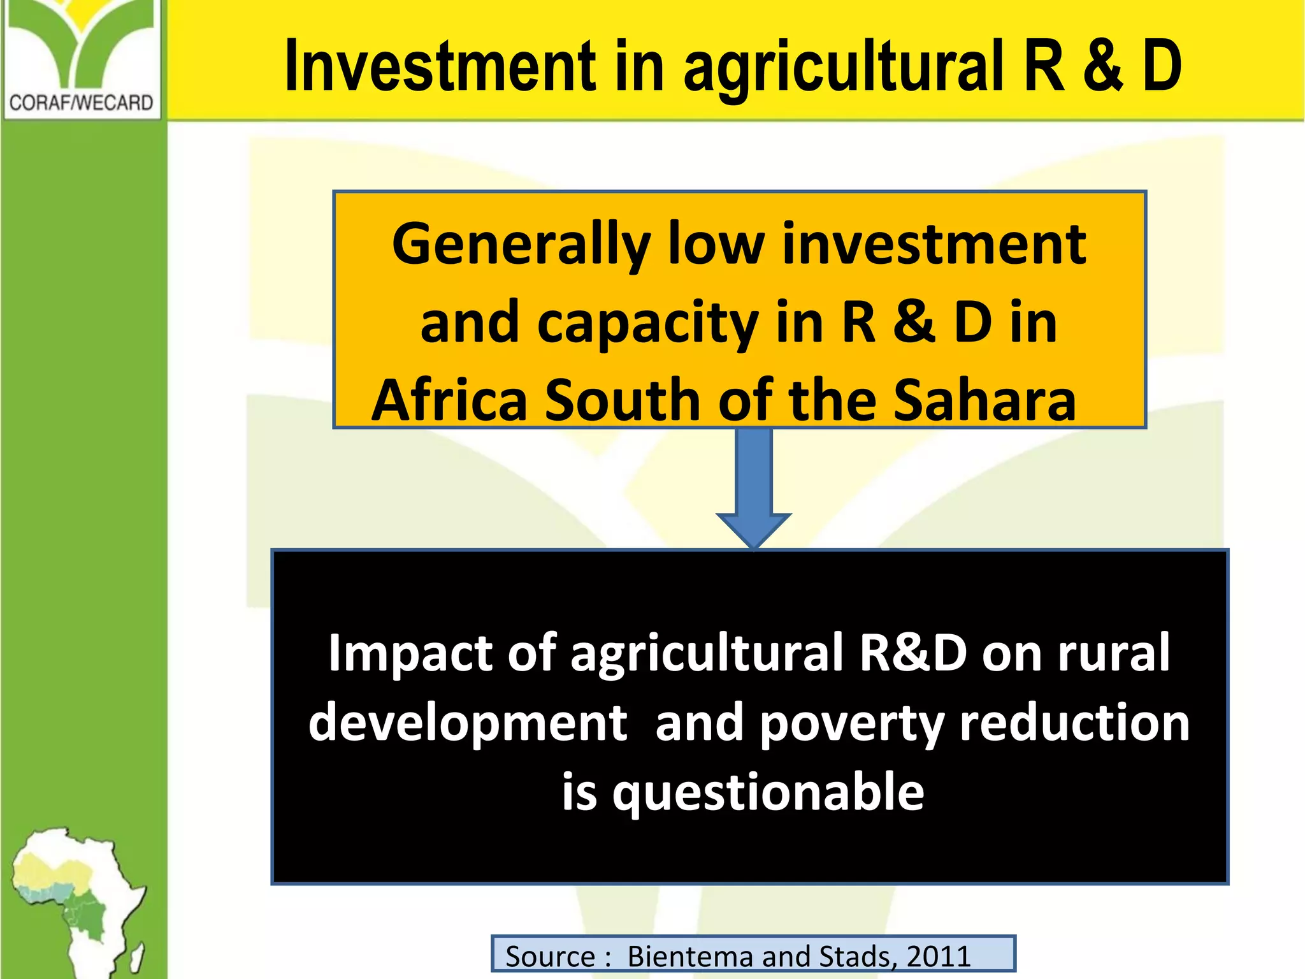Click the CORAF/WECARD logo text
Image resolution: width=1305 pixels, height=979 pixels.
(81, 103)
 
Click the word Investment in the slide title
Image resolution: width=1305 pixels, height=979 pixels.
(440, 66)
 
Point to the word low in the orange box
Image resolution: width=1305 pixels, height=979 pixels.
(716, 245)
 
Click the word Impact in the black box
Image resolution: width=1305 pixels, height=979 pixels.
(410, 653)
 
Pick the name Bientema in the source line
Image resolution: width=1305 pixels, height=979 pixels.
(691, 957)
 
